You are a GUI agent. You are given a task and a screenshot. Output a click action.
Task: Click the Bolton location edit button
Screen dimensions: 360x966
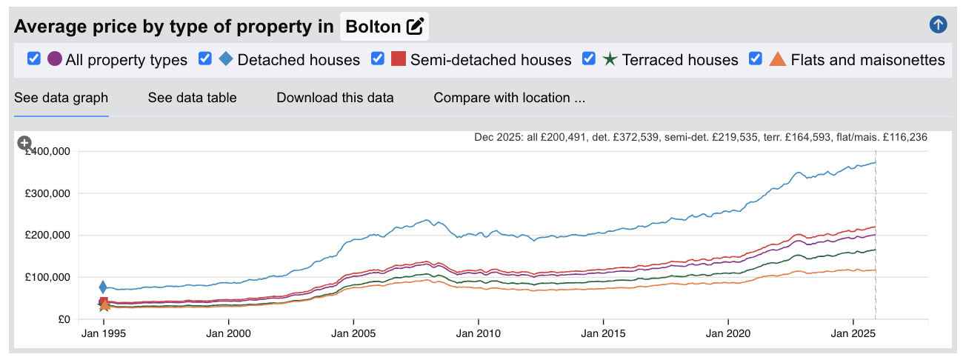tap(415, 27)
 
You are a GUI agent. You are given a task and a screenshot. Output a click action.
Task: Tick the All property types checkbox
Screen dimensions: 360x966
tap(33, 59)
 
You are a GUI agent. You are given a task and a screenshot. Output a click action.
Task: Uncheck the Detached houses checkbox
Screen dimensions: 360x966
tap(205, 59)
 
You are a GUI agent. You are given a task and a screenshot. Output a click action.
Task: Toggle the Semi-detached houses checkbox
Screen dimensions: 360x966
tap(378, 59)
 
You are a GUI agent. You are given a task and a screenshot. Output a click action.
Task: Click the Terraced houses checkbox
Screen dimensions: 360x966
tap(590, 59)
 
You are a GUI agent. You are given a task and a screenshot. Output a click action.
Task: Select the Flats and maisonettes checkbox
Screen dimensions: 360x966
tap(756, 59)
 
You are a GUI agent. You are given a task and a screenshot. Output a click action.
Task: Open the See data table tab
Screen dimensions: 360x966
tap(192, 98)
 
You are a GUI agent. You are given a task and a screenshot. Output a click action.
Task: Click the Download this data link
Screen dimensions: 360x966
tap(335, 98)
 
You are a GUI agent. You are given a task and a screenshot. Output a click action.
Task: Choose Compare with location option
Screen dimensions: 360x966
tap(509, 98)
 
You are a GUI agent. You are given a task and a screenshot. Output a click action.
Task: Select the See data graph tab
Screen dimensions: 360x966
tap(61, 98)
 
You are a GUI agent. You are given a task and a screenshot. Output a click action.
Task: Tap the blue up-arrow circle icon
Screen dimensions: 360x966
tap(938, 25)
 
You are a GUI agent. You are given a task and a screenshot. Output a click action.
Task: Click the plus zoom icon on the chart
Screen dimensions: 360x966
tap(24, 143)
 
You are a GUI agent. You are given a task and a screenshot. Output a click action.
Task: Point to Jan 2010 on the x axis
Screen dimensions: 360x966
tap(479, 334)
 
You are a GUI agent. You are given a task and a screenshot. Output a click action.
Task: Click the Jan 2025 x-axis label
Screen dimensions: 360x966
tap(853, 334)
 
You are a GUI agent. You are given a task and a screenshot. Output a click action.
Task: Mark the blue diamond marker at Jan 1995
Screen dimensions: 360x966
tap(104, 287)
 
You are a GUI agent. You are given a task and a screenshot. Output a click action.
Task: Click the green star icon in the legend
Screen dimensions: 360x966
tap(609, 59)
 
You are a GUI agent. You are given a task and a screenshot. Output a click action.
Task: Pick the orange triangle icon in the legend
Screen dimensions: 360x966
tap(777, 59)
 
